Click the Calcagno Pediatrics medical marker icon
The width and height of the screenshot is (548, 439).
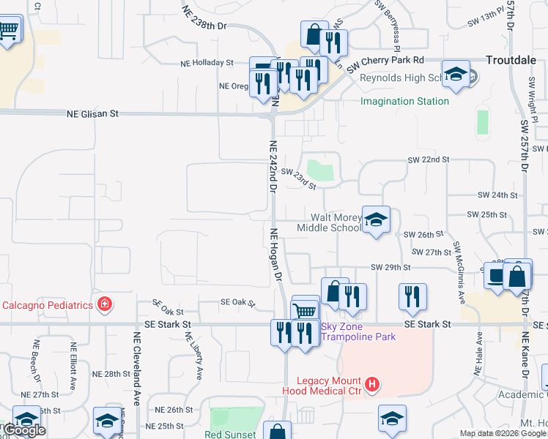click(105, 304)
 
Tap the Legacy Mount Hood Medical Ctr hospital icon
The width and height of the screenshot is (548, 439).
click(373, 383)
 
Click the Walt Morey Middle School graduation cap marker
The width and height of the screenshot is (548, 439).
click(377, 220)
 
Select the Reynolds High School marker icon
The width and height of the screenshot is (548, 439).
click(456, 75)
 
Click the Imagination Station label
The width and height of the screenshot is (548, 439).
click(404, 100)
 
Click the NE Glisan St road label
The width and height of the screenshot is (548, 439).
click(92, 114)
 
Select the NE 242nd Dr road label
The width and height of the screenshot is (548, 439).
click(273, 166)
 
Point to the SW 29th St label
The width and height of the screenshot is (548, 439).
click(390, 267)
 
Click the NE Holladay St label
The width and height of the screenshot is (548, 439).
click(207, 64)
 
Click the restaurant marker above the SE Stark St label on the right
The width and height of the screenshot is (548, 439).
click(412, 296)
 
